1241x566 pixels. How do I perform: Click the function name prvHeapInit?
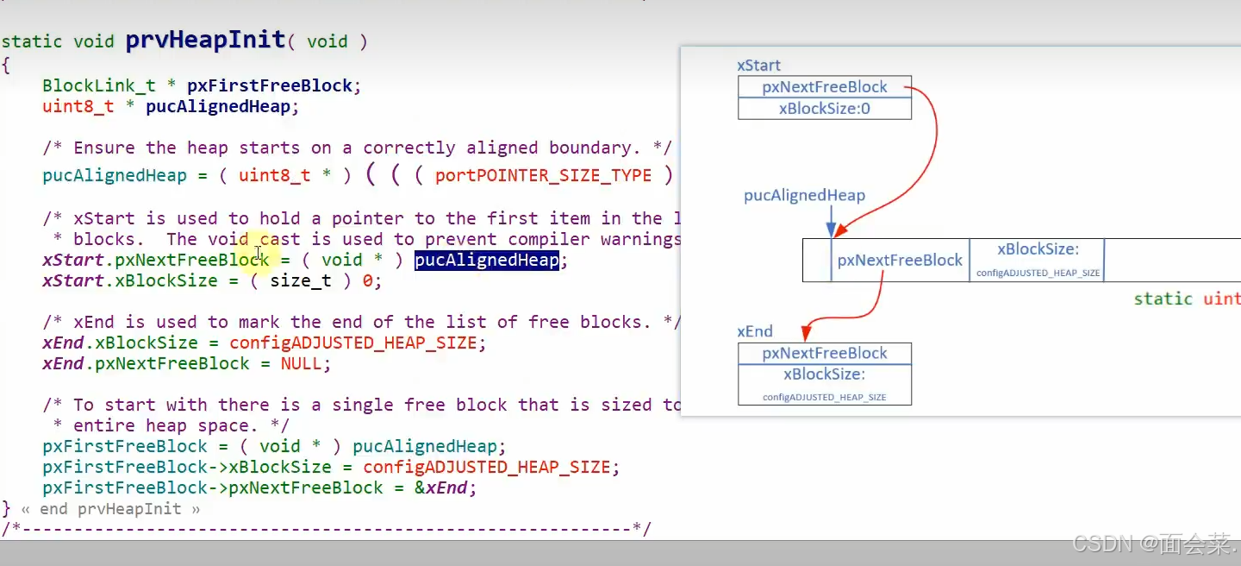tap(205, 40)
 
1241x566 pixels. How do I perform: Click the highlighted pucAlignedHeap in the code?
tap(487, 260)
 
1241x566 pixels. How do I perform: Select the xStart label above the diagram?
tap(758, 66)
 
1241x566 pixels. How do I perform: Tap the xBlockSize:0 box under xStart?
tap(824, 109)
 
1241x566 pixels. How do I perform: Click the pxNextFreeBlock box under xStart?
tap(824, 87)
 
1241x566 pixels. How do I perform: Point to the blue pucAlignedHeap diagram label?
tap(804, 196)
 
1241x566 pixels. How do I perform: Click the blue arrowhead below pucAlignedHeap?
tap(831, 230)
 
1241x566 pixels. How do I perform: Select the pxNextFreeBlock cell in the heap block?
tap(899, 260)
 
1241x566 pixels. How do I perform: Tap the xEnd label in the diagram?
tap(755, 331)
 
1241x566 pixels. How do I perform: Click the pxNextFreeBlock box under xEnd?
tap(824, 353)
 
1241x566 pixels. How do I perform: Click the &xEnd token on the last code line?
tap(446, 487)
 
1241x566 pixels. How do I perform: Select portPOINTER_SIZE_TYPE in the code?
tap(543, 176)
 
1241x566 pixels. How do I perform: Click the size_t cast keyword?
tap(301, 280)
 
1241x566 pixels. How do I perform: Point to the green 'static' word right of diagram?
tap(1163, 299)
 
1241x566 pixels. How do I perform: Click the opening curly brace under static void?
tap(6, 65)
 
